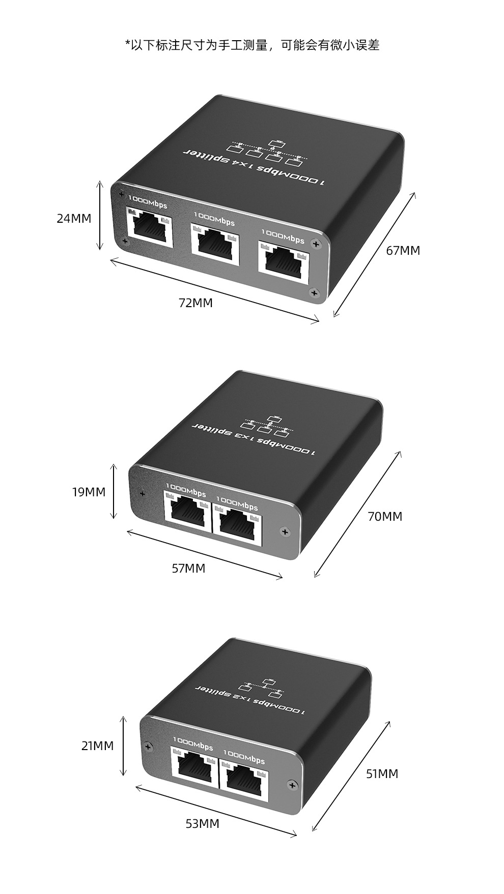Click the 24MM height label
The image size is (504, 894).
74,219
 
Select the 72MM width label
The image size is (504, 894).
195,303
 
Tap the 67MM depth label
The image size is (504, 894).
403,250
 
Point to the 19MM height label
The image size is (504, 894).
89,492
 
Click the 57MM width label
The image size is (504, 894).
188,568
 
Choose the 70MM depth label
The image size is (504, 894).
385,517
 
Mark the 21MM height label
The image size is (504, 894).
97,746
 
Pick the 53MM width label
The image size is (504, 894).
202,823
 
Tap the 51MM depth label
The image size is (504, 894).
382,774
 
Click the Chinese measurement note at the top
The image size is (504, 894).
252,45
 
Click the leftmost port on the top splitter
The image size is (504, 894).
149,228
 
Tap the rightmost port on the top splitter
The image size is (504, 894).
284,262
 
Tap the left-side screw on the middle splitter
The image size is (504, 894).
142,493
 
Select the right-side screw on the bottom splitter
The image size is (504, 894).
292,785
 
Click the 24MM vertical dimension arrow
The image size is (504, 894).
100,216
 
